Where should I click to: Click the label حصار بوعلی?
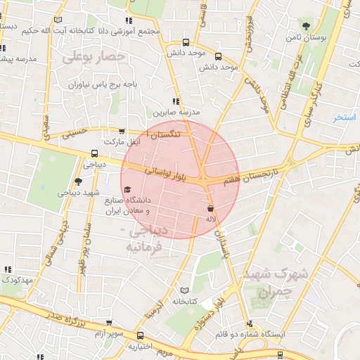click(94, 56)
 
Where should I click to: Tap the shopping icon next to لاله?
click(210, 209)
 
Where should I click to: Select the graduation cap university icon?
click(127, 189)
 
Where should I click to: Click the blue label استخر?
click(345, 117)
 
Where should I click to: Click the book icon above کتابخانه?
click(184, 290)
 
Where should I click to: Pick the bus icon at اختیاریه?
click(141, 336)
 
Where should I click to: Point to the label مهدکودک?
click(17, 281)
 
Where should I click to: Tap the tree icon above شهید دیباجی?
click(78, 181)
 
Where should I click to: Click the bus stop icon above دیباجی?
click(94, 154)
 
